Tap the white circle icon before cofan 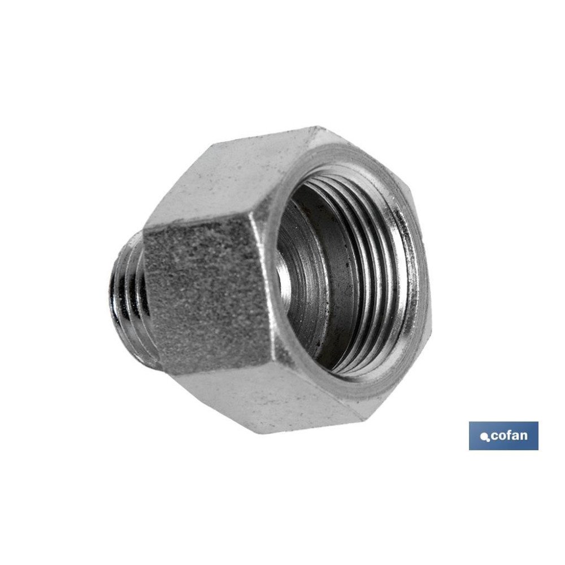(483, 437)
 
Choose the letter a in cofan (514, 437)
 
